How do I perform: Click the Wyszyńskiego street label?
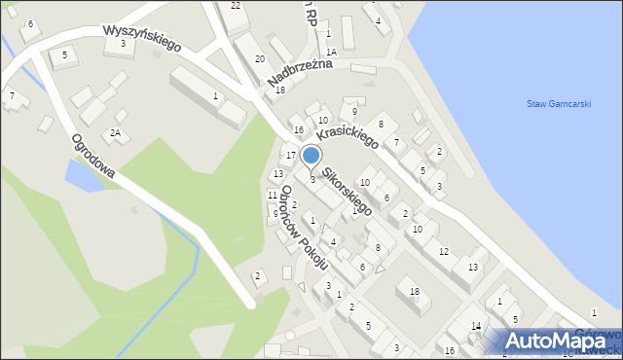[142, 38]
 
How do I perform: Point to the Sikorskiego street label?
[348, 192]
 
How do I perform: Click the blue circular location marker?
[311, 155]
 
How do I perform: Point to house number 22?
[236, 6]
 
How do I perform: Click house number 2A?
[115, 132]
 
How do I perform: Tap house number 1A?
[331, 52]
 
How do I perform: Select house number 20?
[260, 59]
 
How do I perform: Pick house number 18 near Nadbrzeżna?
[280, 90]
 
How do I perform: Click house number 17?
[291, 156]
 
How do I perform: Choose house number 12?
[444, 252]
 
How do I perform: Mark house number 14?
[476, 326]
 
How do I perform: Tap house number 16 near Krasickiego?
[299, 130]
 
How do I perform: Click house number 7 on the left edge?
[12, 95]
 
